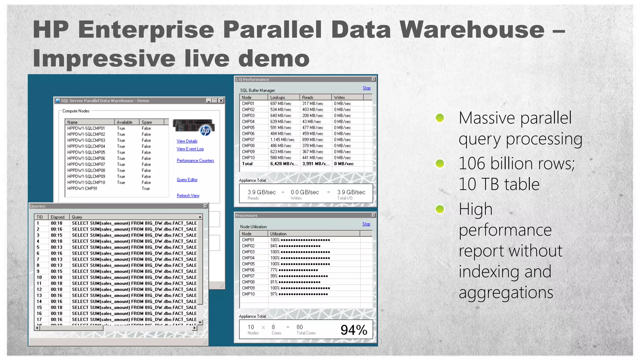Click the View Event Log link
coord(190,149)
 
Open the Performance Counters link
coord(195,161)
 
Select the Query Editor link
coord(187,180)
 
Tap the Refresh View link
coord(188,196)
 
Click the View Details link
coord(187,141)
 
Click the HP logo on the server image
coord(205,130)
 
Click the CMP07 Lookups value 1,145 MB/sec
coord(282,140)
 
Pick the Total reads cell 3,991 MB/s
coord(316,164)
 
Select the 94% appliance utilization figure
coord(353,330)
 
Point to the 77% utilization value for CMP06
coord(274,270)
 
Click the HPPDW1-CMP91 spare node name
coord(82,189)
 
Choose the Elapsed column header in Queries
coord(57,217)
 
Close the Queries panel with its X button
coord(205,206)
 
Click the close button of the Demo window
coord(221,101)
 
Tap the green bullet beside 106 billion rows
coord(440,163)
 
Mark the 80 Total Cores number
coord(299,327)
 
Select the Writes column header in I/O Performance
coord(339,97)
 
